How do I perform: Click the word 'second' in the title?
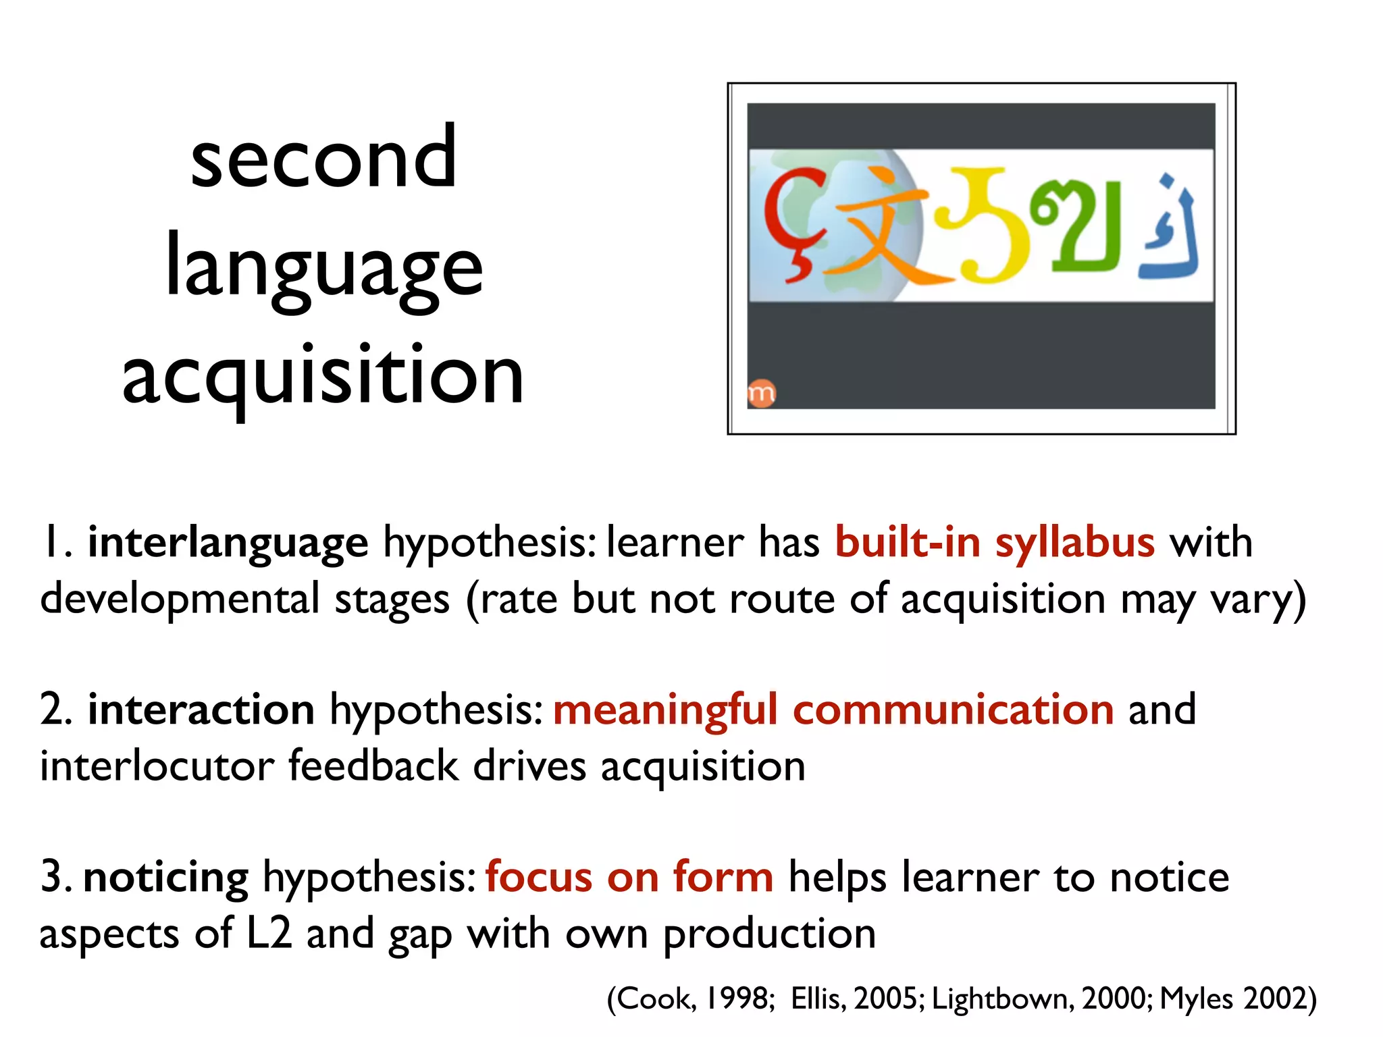pyautogui.click(x=323, y=159)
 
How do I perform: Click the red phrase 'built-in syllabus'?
pyautogui.click(x=995, y=542)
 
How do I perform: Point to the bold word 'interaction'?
pyautogui.click(x=201, y=710)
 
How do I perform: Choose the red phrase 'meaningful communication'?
pyautogui.click(x=833, y=710)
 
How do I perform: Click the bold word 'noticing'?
pyautogui.click(x=166, y=878)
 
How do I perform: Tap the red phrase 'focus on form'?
pyautogui.click(x=629, y=878)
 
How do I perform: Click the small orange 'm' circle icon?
pyautogui.click(x=762, y=394)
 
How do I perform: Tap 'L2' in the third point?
pyautogui.click(x=269, y=934)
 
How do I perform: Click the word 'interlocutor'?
pyautogui.click(x=157, y=767)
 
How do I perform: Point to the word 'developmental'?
pyautogui.click(x=180, y=600)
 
